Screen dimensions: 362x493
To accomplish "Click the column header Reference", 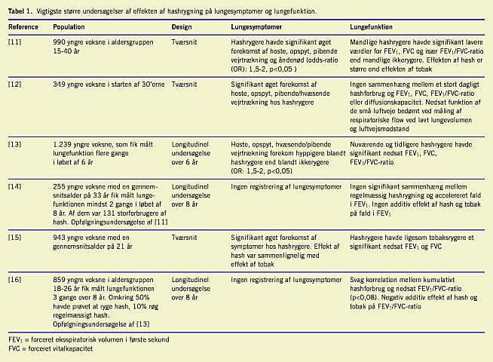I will pyautogui.click(x=23, y=26).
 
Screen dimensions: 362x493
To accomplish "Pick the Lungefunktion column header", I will pyautogui.click(x=373, y=26).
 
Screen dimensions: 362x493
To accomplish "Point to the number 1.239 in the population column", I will pyautogui.click(x=63, y=142).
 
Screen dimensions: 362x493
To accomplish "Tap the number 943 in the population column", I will pyautogui.click(x=60, y=238).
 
